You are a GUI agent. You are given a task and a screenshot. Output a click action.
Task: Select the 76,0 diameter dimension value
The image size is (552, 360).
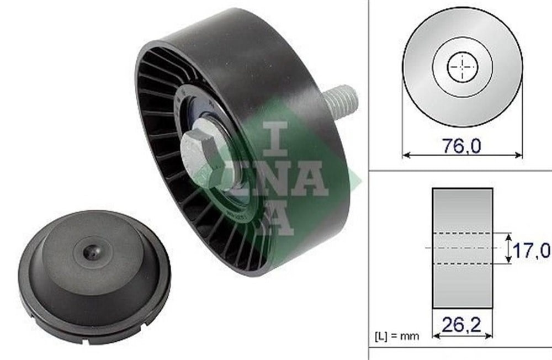[x=461, y=145]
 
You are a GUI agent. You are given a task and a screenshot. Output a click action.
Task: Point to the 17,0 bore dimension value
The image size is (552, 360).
[x=531, y=251]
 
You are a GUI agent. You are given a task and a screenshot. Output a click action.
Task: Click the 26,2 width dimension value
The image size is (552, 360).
[x=461, y=325]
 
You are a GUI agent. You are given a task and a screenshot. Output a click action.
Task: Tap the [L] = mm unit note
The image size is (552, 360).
[x=397, y=336]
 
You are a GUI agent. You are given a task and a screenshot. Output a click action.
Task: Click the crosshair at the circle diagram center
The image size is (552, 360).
[x=462, y=67]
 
